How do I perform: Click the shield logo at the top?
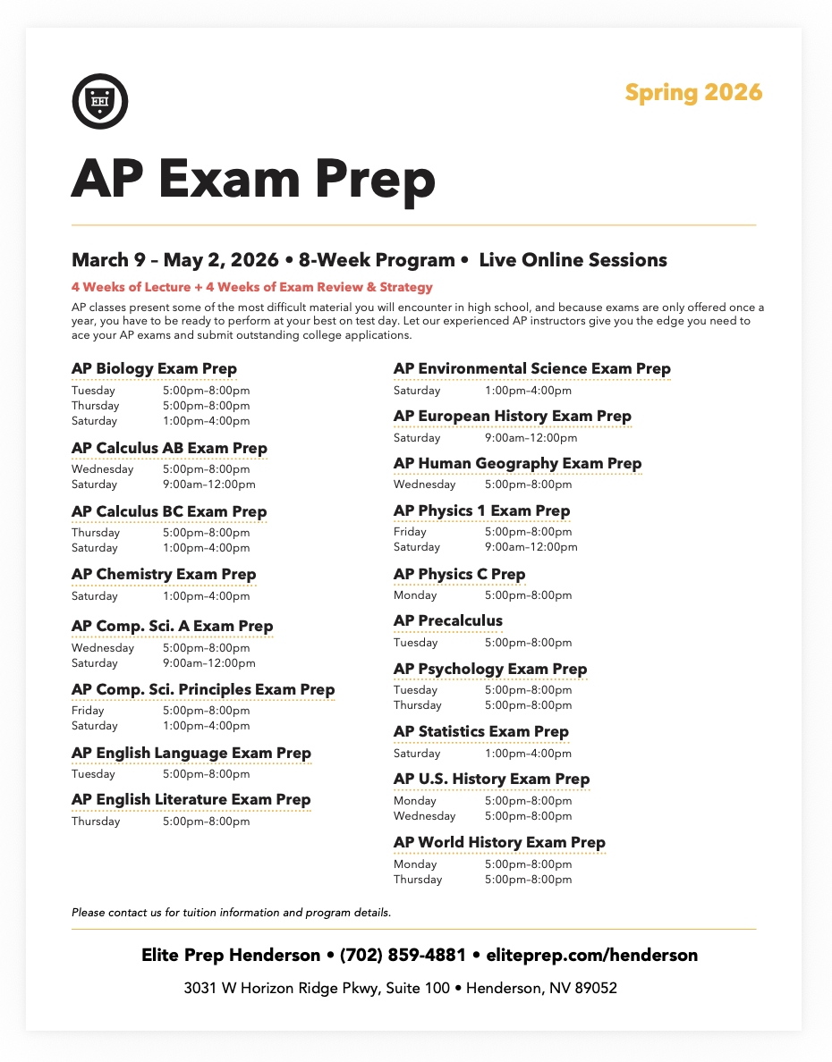pos(99,100)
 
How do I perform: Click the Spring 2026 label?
pos(693,92)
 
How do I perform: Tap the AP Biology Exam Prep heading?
pos(154,368)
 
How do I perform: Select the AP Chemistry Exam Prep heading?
pos(164,574)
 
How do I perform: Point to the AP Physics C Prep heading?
pos(459,574)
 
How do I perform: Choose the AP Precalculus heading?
pos(448,620)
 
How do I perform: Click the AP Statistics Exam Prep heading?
pos(480,731)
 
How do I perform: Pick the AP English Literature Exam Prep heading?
pos(191,799)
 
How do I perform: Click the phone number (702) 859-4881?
pos(403,955)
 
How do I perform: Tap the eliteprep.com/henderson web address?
pos(591,955)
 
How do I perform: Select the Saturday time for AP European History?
pos(531,438)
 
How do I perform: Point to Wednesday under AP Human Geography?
pos(424,485)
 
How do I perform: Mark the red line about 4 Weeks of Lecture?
pos(252,287)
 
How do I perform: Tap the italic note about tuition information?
pos(231,913)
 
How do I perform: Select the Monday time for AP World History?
pos(528,864)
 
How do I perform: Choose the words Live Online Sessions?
pos(573,260)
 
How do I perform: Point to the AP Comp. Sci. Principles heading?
pos(203,689)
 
